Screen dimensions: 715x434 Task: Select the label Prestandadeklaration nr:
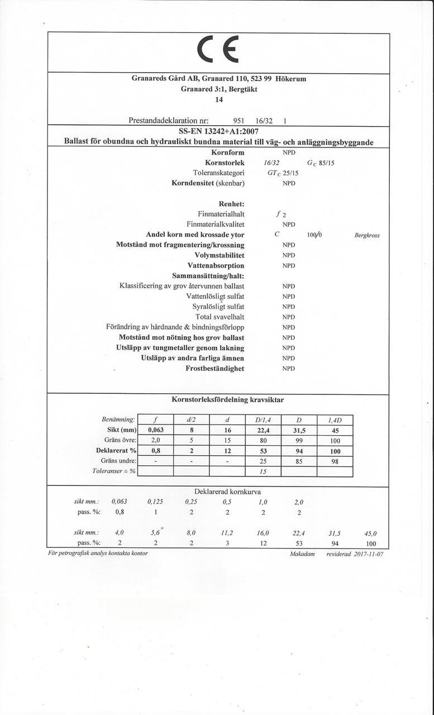tap(169, 120)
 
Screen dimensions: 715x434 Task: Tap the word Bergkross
tap(367, 235)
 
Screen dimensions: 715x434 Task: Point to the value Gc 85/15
tap(321, 163)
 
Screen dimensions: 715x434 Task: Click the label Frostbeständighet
tap(214, 368)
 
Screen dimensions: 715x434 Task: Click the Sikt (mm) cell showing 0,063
tap(155, 430)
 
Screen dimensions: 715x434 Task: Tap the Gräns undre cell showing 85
tap(299, 461)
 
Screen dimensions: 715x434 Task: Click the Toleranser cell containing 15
tap(263, 471)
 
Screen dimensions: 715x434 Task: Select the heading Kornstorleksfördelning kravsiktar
tap(227, 400)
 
